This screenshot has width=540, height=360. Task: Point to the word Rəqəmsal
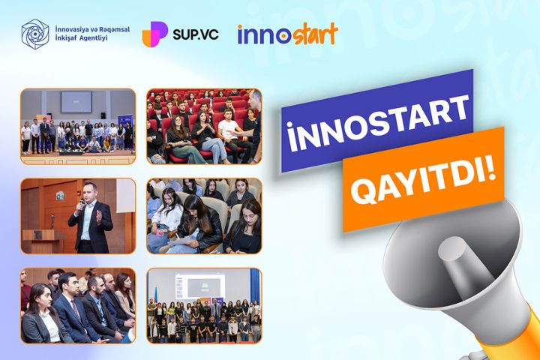tap(112, 28)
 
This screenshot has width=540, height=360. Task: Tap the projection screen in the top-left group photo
tap(75, 99)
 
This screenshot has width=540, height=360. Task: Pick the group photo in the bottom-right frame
tap(203, 305)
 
